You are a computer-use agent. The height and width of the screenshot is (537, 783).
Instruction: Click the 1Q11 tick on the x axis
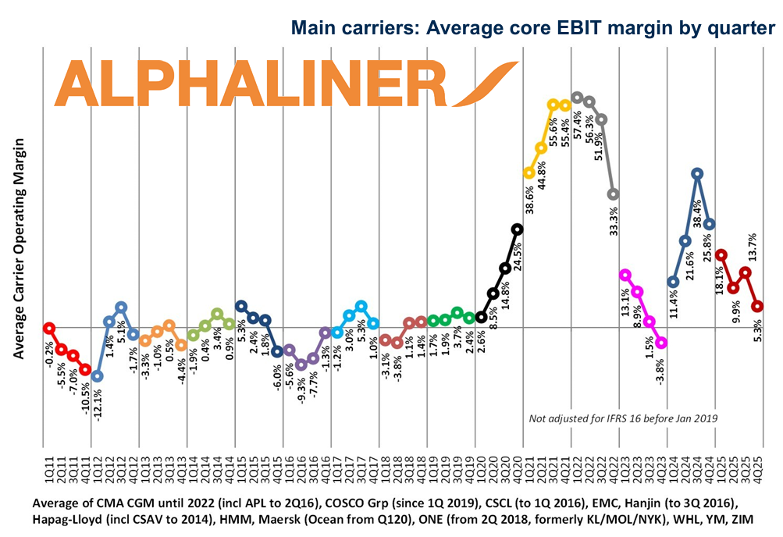pos(49,469)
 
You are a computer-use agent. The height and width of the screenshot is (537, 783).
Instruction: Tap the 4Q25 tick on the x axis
pos(757,469)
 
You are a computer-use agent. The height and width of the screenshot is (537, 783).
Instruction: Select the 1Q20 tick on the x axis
pos(481,469)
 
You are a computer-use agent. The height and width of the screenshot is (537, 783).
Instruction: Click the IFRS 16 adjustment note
pos(623,419)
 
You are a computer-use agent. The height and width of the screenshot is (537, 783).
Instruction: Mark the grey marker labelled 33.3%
pos(614,194)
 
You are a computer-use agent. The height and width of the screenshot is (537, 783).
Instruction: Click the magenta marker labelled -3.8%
pos(662,342)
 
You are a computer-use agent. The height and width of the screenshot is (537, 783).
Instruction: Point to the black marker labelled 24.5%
pos(517,229)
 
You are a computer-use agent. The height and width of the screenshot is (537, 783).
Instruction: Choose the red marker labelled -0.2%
pos(49,328)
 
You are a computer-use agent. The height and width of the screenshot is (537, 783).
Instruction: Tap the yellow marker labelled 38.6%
pos(529,172)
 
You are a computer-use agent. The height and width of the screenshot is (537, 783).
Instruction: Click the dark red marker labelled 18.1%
pos(721,254)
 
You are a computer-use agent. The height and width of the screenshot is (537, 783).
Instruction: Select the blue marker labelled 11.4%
pos(673,282)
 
